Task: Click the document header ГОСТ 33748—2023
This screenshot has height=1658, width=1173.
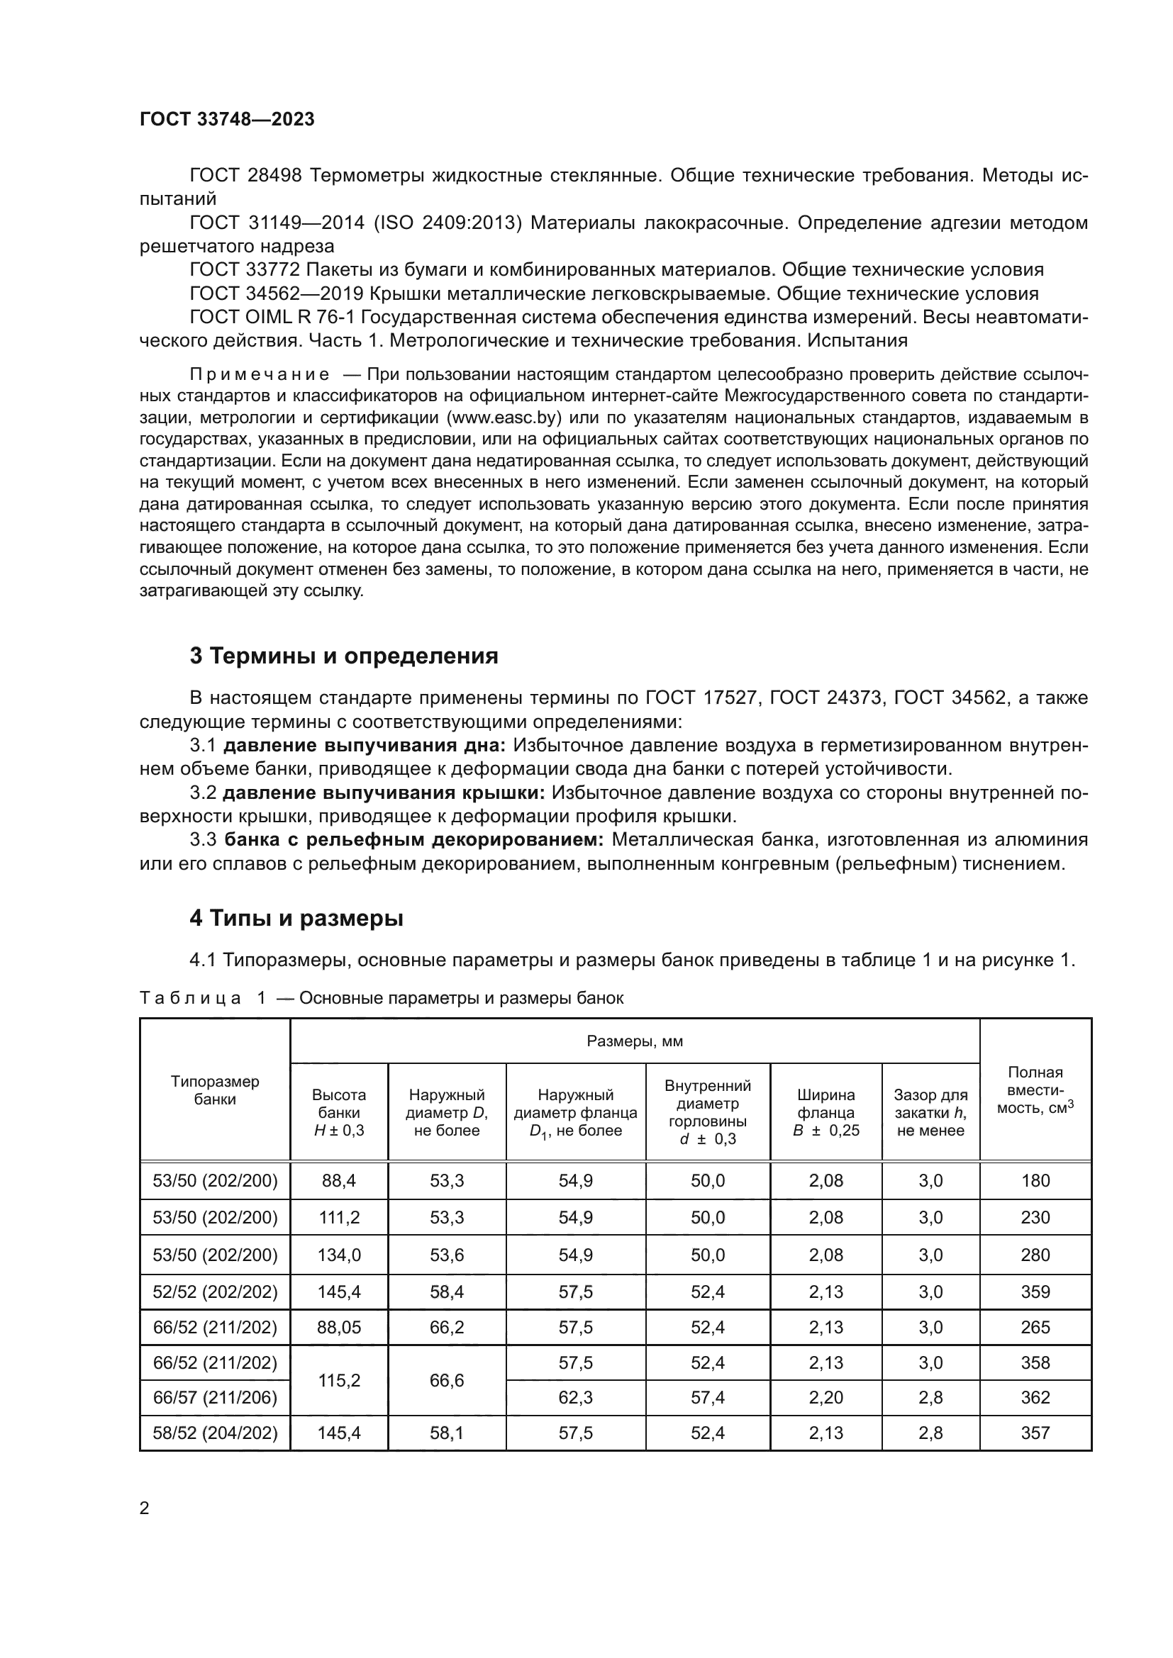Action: [227, 120]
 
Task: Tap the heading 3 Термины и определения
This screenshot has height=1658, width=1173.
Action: [344, 656]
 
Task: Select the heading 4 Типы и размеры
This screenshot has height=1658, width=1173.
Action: [296, 919]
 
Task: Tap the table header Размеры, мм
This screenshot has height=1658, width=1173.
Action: [634, 1041]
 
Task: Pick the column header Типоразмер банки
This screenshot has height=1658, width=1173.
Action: [214, 1090]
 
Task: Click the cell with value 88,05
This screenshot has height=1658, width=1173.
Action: [339, 1327]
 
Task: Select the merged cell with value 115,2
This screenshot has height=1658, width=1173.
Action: [339, 1381]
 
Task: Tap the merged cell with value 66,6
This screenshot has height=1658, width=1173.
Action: [446, 1381]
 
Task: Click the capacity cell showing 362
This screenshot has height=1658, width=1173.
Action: [1035, 1398]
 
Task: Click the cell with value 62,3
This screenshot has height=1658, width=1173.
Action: [575, 1398]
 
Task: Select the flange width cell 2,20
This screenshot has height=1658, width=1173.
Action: [825, 1398]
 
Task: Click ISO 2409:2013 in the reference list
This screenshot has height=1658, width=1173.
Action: [447, 223]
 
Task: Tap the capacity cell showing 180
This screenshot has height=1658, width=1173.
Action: [1035, 1181]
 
